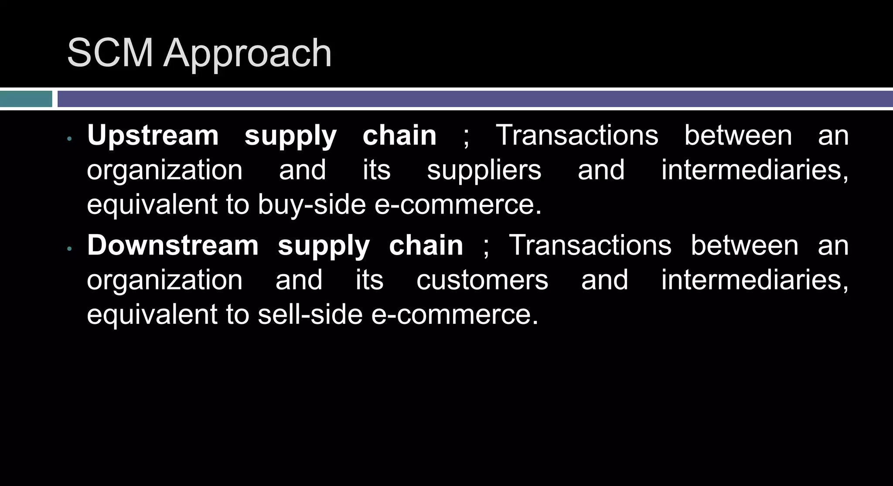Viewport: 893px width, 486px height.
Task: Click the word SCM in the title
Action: coord(110,53)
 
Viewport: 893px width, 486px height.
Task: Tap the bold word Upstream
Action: coord(153,136)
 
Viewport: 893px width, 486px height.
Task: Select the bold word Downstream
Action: coord(173,245)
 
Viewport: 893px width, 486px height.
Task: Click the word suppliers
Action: coord(484,170)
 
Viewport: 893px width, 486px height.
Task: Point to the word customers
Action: coord(482,280)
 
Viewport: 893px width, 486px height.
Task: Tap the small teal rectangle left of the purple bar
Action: coord(26,99)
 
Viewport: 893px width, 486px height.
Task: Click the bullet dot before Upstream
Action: coord(69,139)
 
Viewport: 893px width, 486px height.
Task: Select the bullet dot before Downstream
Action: coord(69,249)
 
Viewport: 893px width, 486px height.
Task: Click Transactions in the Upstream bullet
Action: coord(577,136)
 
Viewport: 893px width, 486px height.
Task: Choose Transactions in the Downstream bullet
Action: coord(590,245)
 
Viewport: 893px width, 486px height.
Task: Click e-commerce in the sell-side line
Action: coord(455,314)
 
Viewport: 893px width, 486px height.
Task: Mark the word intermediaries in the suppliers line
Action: coord(754,170)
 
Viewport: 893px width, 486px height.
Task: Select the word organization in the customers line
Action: coord(164,280)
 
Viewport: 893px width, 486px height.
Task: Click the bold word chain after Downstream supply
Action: coord(426,245)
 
